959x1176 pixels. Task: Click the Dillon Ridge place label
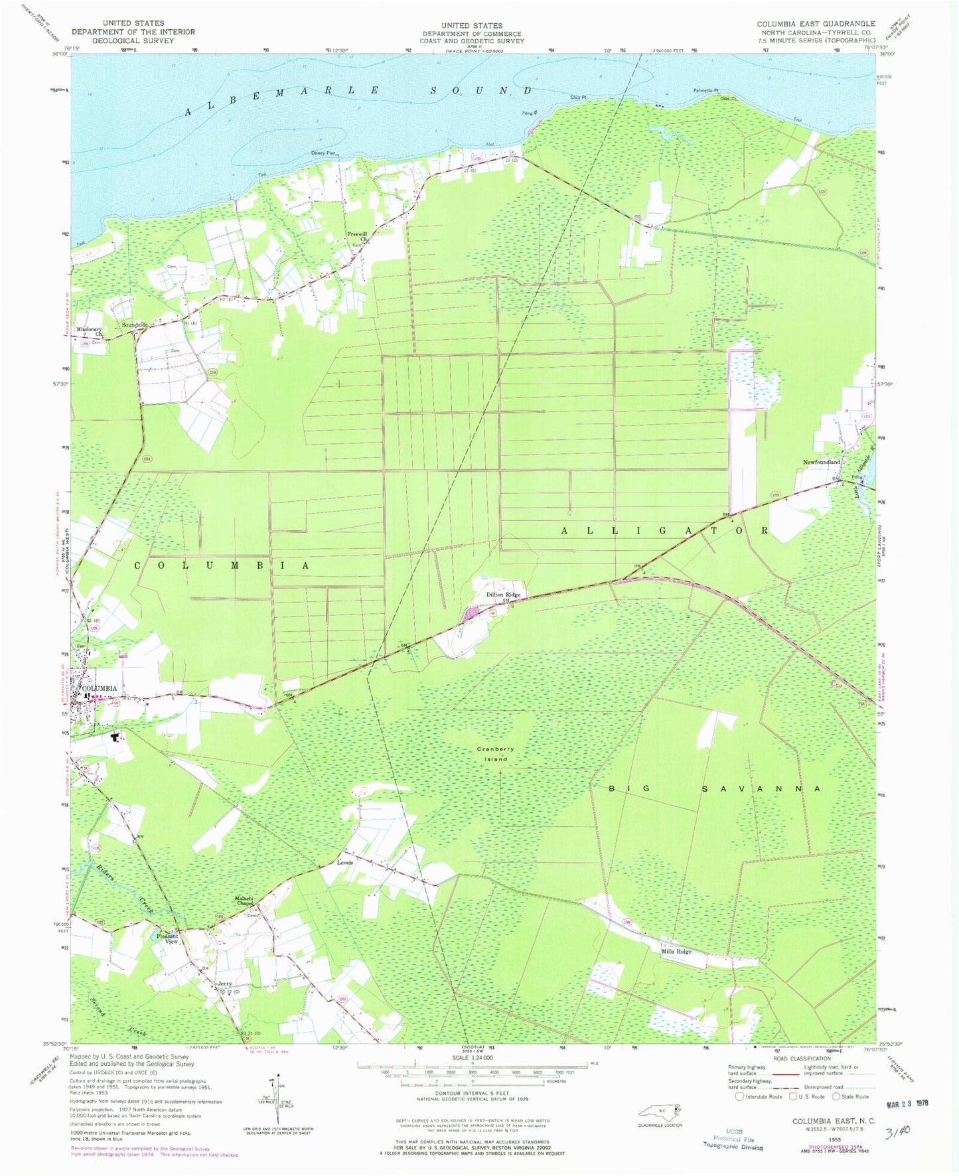503,595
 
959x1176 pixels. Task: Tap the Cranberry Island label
496,753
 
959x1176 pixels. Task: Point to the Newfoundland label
821,462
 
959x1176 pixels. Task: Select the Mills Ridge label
676,952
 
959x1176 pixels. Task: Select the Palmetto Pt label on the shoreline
707,91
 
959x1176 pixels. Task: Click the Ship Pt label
578,98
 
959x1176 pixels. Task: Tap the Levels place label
344,863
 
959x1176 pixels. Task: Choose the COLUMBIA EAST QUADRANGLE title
816,24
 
